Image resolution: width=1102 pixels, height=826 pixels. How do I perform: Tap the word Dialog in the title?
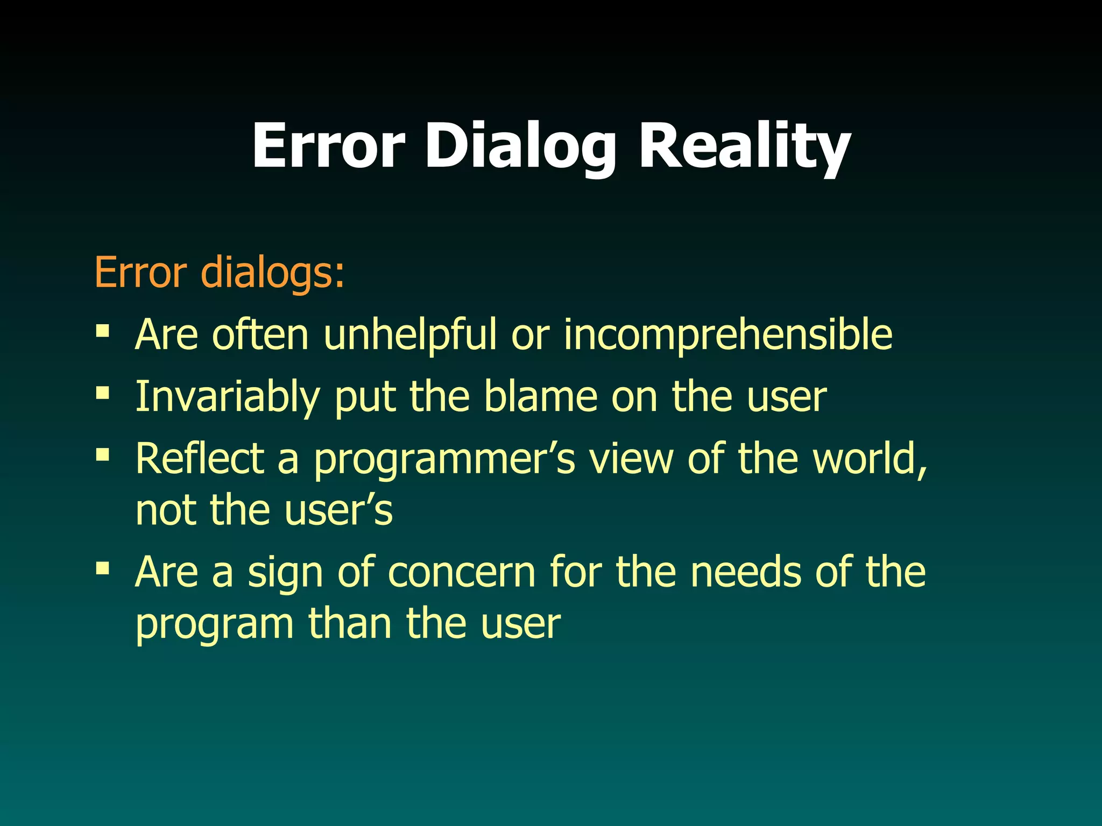(x=520, y=146)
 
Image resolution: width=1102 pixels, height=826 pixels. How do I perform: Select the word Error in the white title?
(x=328, y=146)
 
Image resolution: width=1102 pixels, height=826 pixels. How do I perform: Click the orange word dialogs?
(x=272, y=273)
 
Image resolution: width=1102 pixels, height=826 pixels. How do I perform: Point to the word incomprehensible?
(x=728, y=336)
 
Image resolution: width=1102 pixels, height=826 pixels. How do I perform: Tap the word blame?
(x=541, y=397)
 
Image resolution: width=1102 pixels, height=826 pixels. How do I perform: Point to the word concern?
(x=462, y=572)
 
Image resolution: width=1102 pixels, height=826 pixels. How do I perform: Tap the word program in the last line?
(x=214, y=625)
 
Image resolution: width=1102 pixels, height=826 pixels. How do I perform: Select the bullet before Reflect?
(x=102, y=455)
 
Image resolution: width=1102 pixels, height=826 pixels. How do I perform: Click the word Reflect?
(x=200, y=459)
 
